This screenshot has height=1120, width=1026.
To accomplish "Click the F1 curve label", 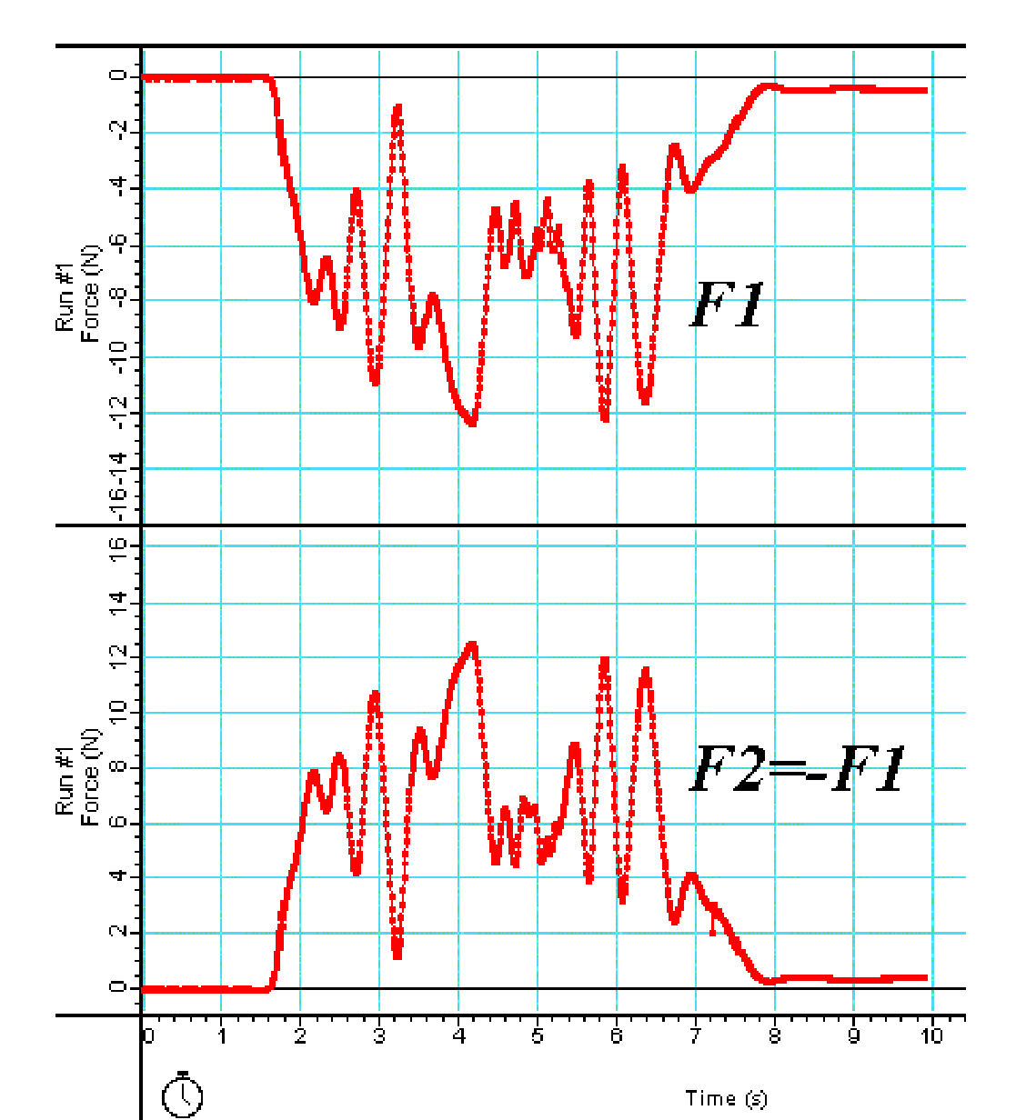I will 728,305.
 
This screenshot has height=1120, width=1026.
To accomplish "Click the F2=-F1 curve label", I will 798,771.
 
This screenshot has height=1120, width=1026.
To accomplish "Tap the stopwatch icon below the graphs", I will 182,1094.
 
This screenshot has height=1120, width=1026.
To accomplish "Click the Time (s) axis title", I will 726,1098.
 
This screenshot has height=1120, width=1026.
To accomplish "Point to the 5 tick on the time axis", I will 538,1036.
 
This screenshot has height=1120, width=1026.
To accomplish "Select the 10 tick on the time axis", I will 931,1036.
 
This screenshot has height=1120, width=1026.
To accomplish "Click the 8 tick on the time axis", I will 775,1036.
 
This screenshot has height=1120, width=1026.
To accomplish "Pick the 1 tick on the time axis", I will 221,1036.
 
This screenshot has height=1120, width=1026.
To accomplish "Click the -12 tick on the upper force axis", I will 119,413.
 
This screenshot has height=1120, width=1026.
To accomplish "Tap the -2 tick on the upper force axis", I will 119,133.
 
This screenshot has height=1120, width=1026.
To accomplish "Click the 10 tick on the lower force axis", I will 119,713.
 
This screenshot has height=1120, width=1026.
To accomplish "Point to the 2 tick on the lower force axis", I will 119,933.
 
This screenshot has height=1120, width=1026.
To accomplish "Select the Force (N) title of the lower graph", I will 90,777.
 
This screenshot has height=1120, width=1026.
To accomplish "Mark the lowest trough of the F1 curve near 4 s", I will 471,422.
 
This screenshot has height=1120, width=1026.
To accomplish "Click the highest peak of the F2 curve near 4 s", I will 471,645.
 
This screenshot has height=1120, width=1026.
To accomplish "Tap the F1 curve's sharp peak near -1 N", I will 397,108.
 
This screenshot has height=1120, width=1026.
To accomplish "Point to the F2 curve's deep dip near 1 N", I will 397,954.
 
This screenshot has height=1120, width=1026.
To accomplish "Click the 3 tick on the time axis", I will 379,1036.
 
